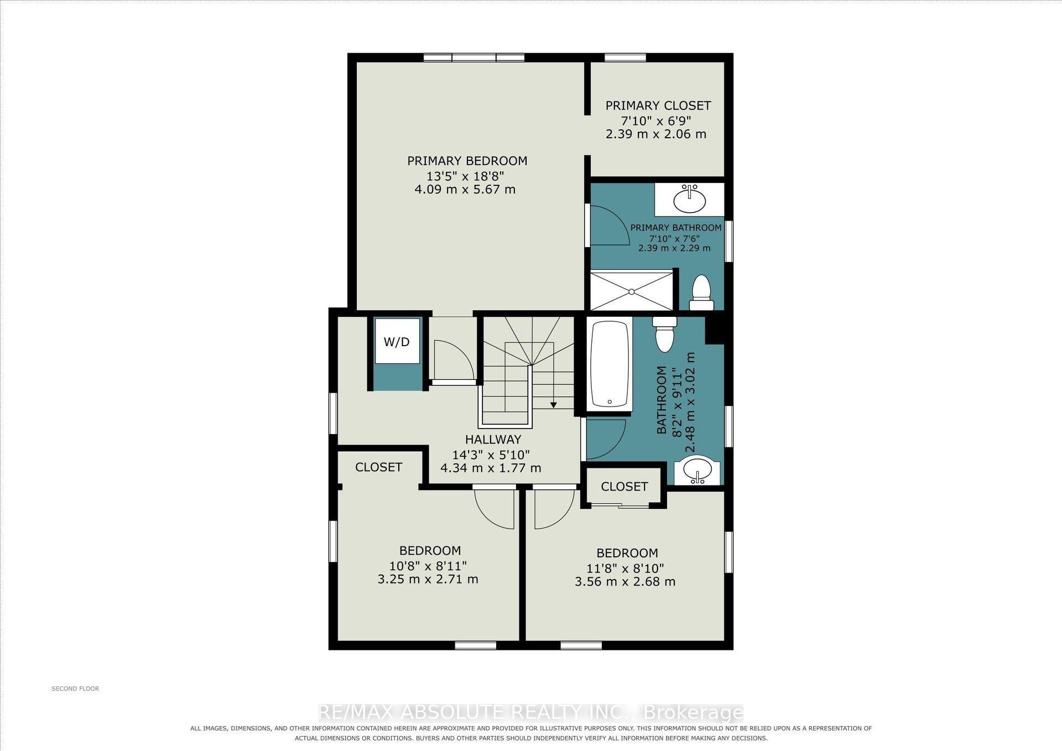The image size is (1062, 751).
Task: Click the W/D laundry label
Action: (x=397, y=342)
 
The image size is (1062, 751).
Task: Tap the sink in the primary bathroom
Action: (x=689, y=199)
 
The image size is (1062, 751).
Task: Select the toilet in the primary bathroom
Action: (x=701, y=293)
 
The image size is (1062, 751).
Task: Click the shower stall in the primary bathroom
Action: (x=632, y=290)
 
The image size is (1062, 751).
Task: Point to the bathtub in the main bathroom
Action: (x=609, y=365)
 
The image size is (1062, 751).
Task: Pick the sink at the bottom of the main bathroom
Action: (x=696, y=470)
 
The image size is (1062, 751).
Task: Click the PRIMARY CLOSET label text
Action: (x=658, y=106)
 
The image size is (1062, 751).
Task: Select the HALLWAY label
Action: (x=493, y=440)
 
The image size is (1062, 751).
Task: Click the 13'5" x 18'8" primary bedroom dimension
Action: (x=465, y=176)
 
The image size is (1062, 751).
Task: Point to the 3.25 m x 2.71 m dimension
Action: (x=428, y=580)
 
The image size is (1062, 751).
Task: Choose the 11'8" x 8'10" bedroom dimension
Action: (x=625, y=568)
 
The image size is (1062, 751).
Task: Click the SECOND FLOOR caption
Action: (x=75, y=689)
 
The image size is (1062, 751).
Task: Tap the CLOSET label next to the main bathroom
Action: (x=624, y=487)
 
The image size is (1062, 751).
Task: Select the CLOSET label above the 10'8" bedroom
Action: (x=378, y=467)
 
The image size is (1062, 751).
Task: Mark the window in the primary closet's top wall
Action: (x=625, y=58)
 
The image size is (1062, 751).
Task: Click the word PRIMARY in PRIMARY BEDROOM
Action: (x=433, y=161)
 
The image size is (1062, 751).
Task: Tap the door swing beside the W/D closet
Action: (x=454, y=360)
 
